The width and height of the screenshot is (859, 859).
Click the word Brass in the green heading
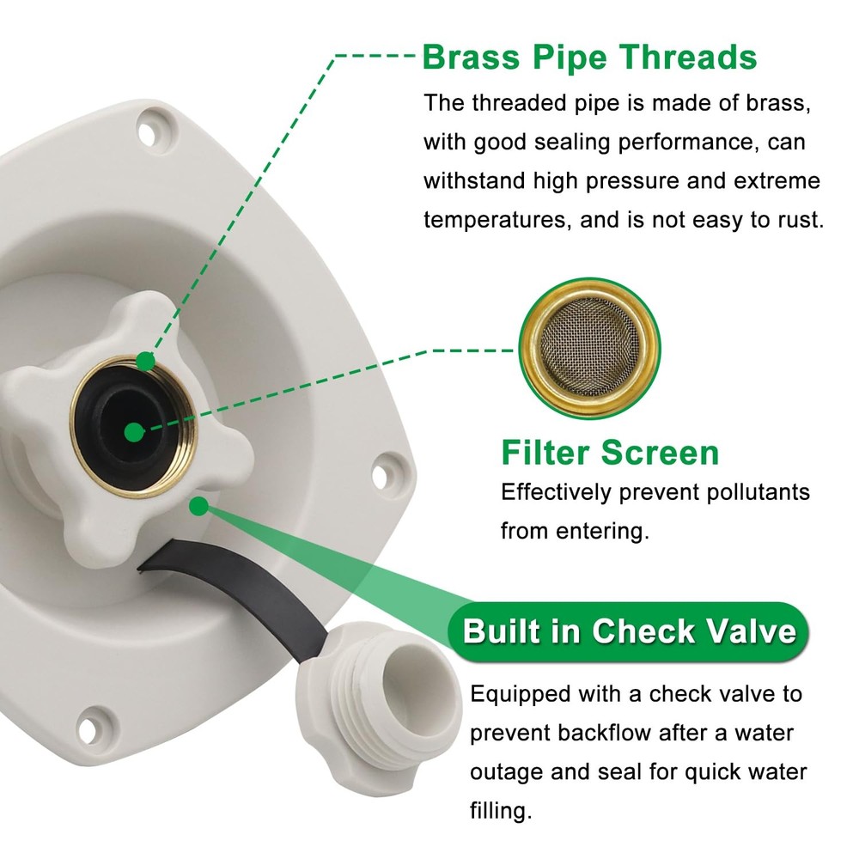[x=472, y=58]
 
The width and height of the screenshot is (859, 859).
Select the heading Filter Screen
[x=610, y=452]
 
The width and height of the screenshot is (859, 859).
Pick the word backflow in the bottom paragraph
[x=601, y=733]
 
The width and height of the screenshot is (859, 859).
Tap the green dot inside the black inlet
[x=133, y=432]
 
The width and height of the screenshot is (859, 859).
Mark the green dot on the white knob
[x=198, y=506]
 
